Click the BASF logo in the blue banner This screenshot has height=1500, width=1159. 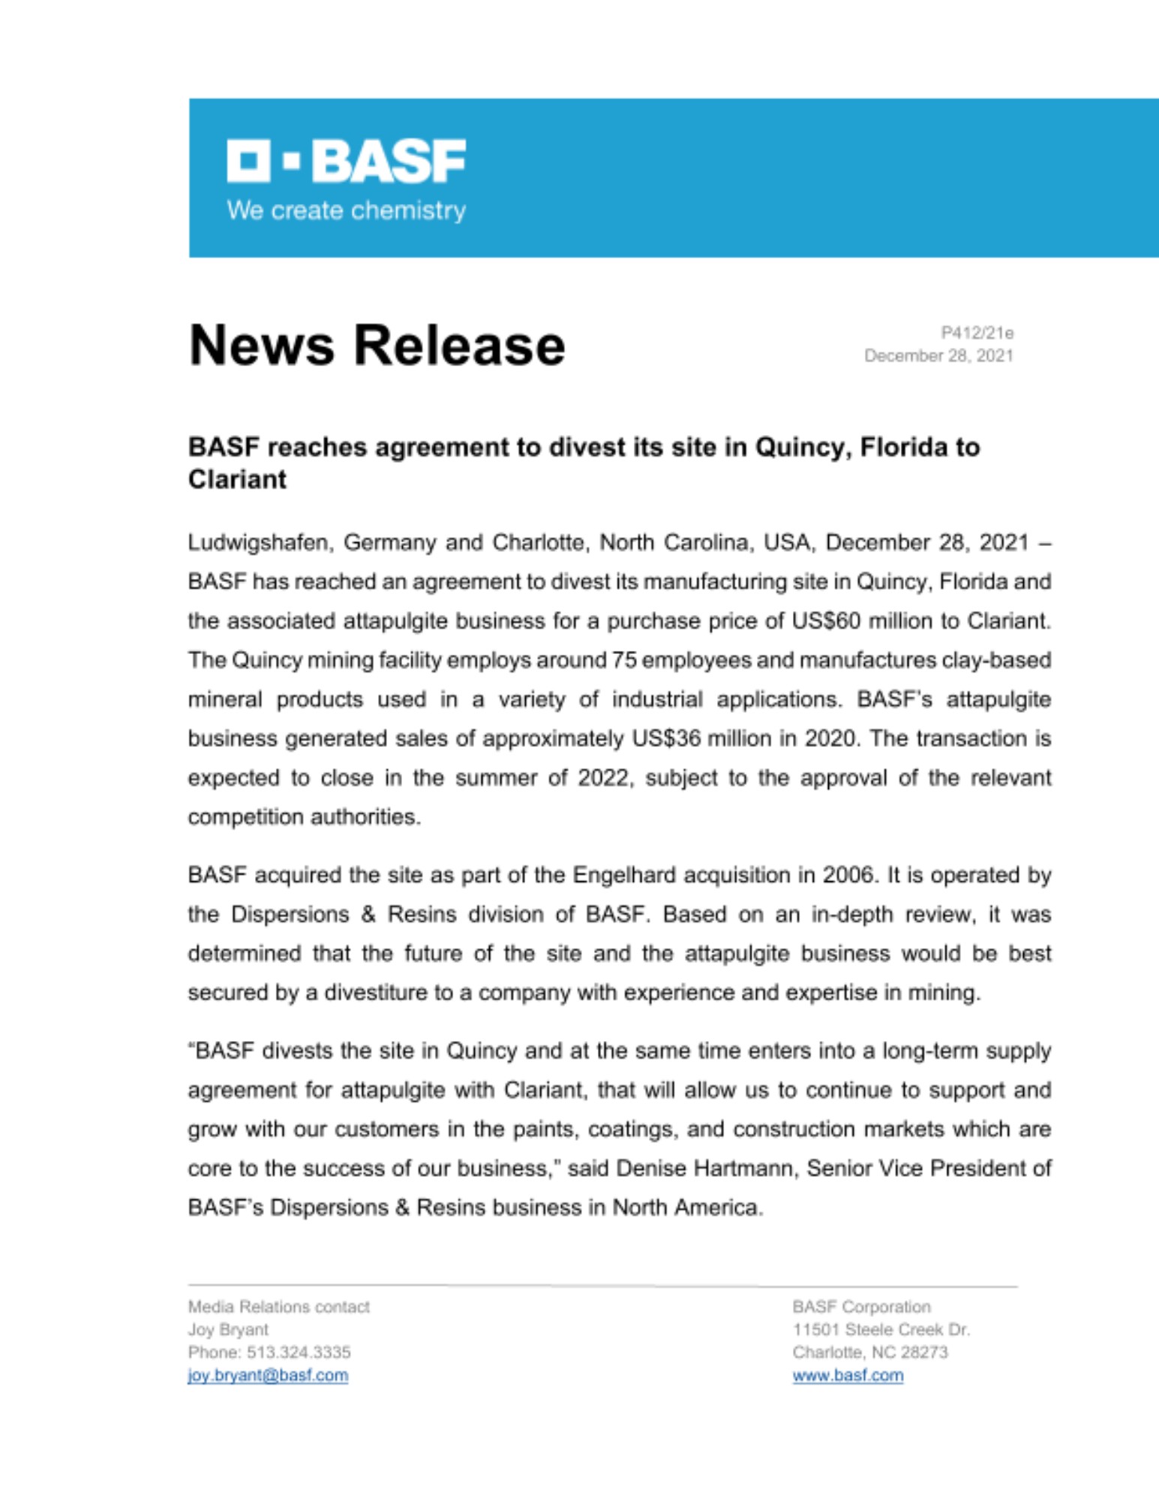346,160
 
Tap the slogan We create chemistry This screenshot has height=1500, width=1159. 346,210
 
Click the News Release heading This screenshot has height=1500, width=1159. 377,346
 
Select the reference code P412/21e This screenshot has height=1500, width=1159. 977,332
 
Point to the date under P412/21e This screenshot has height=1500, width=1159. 938,355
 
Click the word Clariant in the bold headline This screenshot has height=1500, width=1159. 237,479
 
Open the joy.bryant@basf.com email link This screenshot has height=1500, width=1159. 268,1375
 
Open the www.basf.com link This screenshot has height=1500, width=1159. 848,1375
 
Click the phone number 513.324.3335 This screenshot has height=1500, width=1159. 299,1352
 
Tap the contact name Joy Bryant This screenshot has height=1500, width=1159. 228,1330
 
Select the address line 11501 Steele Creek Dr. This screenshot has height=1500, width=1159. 881,1330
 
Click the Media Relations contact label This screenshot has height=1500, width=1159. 278,1307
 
